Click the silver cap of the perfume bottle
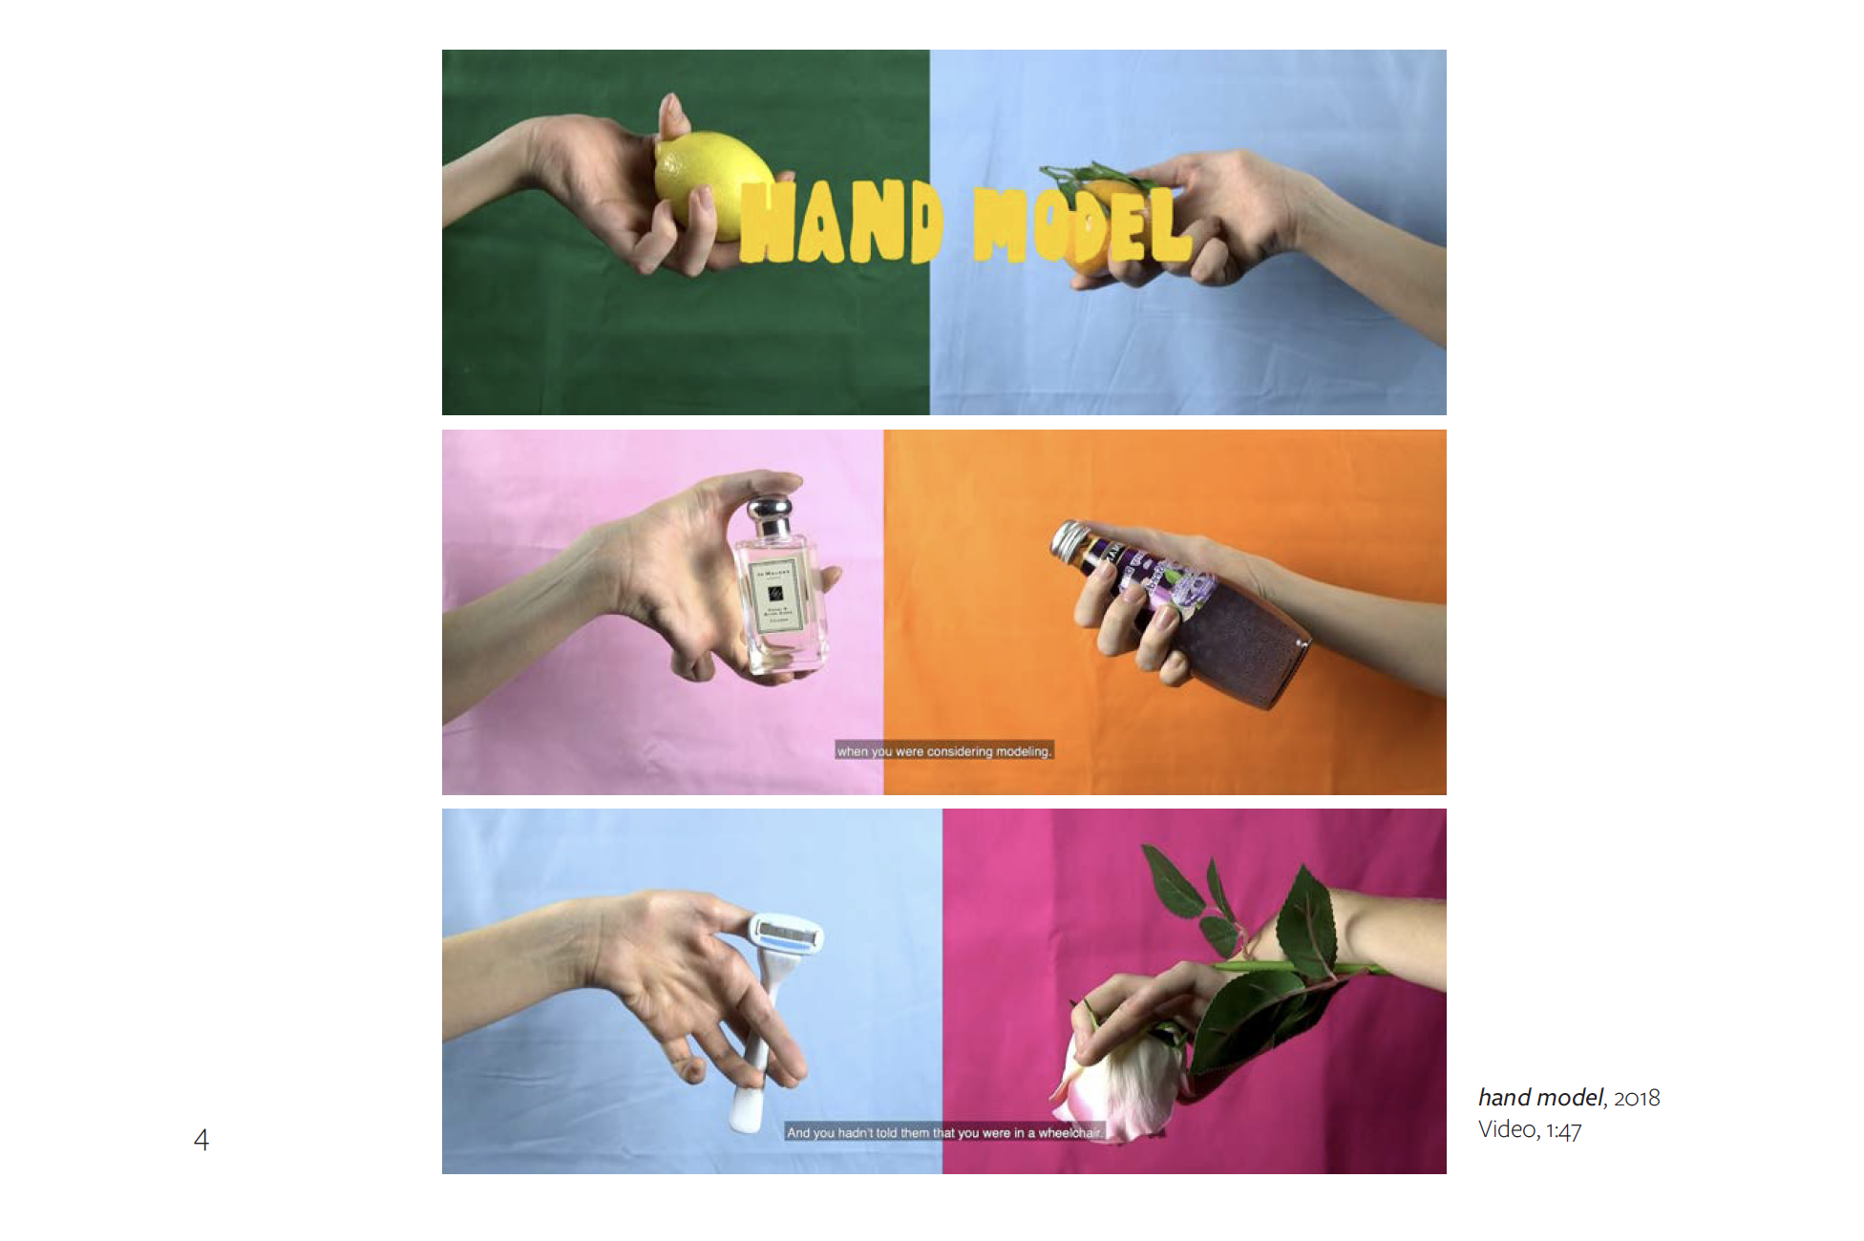pos(770,515)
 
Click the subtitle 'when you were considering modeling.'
pos(943,751)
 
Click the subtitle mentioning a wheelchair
pos(943,1133)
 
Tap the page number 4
pos(201,1139)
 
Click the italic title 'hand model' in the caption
pos(1539,1098)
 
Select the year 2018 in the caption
pos(1637,1099)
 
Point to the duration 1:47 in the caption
pos(1563,1130)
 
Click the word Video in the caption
pos(1507,1129)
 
